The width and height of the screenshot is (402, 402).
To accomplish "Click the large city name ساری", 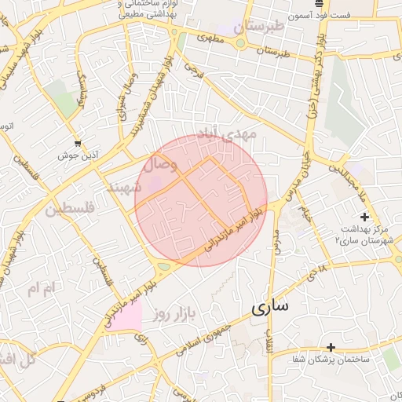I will click(269, 307).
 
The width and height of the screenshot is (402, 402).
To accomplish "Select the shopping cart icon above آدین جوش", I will click(77, 143).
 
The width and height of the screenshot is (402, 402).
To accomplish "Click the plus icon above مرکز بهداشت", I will click(364, 216).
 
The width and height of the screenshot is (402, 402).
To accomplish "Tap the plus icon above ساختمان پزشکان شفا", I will click(331, 346).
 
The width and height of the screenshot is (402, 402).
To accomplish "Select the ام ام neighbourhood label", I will click(43, 288).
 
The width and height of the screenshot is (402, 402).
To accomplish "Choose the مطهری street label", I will click(208, 36).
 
